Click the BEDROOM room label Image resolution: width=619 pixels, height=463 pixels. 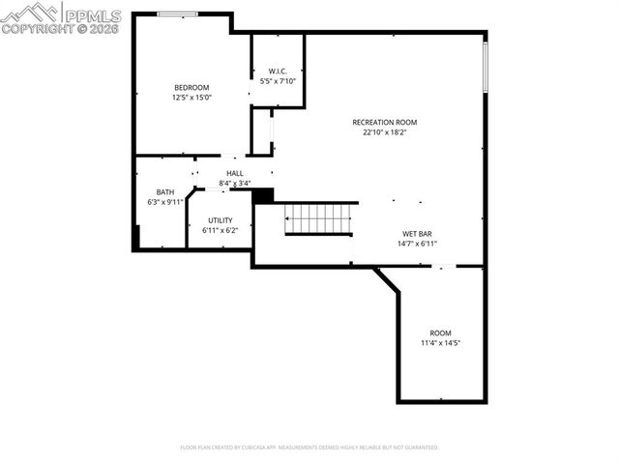192,87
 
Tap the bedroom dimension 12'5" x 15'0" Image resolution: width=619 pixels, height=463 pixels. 192,97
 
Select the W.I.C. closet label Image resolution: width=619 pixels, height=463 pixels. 278,72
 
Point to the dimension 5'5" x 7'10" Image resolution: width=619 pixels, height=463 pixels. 278,81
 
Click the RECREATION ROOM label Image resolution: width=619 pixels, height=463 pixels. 384,122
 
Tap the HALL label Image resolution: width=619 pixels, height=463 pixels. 235,173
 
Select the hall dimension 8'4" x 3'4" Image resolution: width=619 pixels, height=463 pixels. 235,183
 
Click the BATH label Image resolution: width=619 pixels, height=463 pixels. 165,191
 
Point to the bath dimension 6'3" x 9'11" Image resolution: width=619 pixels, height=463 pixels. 165,201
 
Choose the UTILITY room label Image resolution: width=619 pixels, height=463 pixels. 220,220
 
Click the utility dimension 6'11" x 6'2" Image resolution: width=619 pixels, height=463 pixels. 220,230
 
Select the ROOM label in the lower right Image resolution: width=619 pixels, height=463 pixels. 440,333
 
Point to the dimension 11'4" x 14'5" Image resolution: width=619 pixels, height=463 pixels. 440,342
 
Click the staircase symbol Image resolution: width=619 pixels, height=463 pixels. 318,219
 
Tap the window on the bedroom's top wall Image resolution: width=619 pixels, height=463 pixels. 178,14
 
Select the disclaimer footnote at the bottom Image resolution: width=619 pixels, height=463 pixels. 309,448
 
